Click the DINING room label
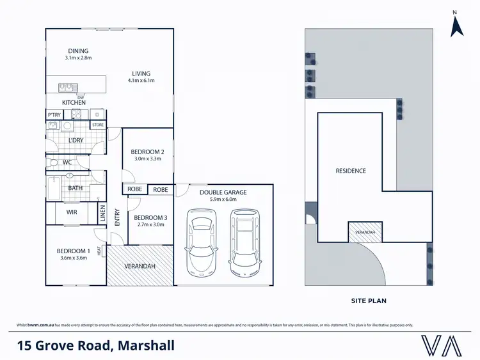coord(77,51)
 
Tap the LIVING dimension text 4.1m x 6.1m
coord(141,81)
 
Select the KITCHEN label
coord(74,102)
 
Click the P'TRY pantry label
coord(54,114)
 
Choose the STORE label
coord(98,125)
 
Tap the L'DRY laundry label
coord(76,140)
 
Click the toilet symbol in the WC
coord(52,163)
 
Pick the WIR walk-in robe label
coord(72,212)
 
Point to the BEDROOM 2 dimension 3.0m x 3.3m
coord(148,159)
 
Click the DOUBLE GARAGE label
coord(223,192)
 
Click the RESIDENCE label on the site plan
coord(351,171)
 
